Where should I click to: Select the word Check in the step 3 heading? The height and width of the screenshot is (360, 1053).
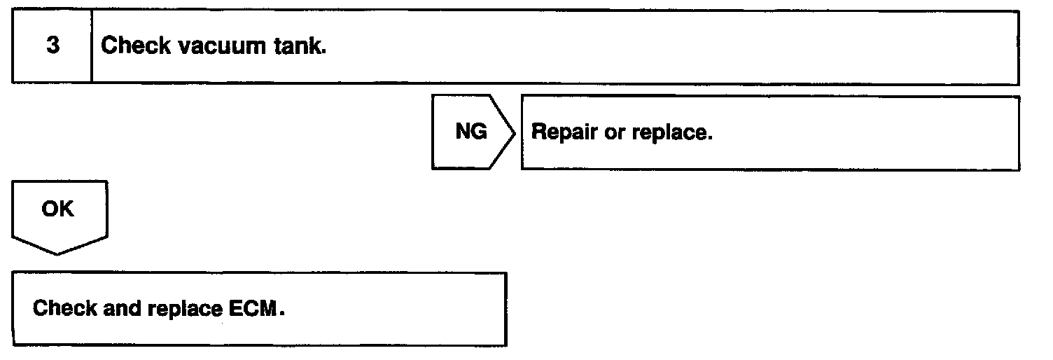[134, 47]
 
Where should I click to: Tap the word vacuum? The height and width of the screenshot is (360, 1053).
[221, 47]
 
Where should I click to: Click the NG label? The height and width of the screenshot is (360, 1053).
[471, 132]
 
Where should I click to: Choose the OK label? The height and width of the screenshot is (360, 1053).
[58, 209]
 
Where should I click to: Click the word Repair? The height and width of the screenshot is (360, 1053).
[564, 132]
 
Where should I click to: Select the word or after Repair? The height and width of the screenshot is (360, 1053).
[613, 132]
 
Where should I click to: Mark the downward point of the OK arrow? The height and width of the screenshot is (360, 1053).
[58, 253]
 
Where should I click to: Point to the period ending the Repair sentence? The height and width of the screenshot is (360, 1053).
[709, 137]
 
